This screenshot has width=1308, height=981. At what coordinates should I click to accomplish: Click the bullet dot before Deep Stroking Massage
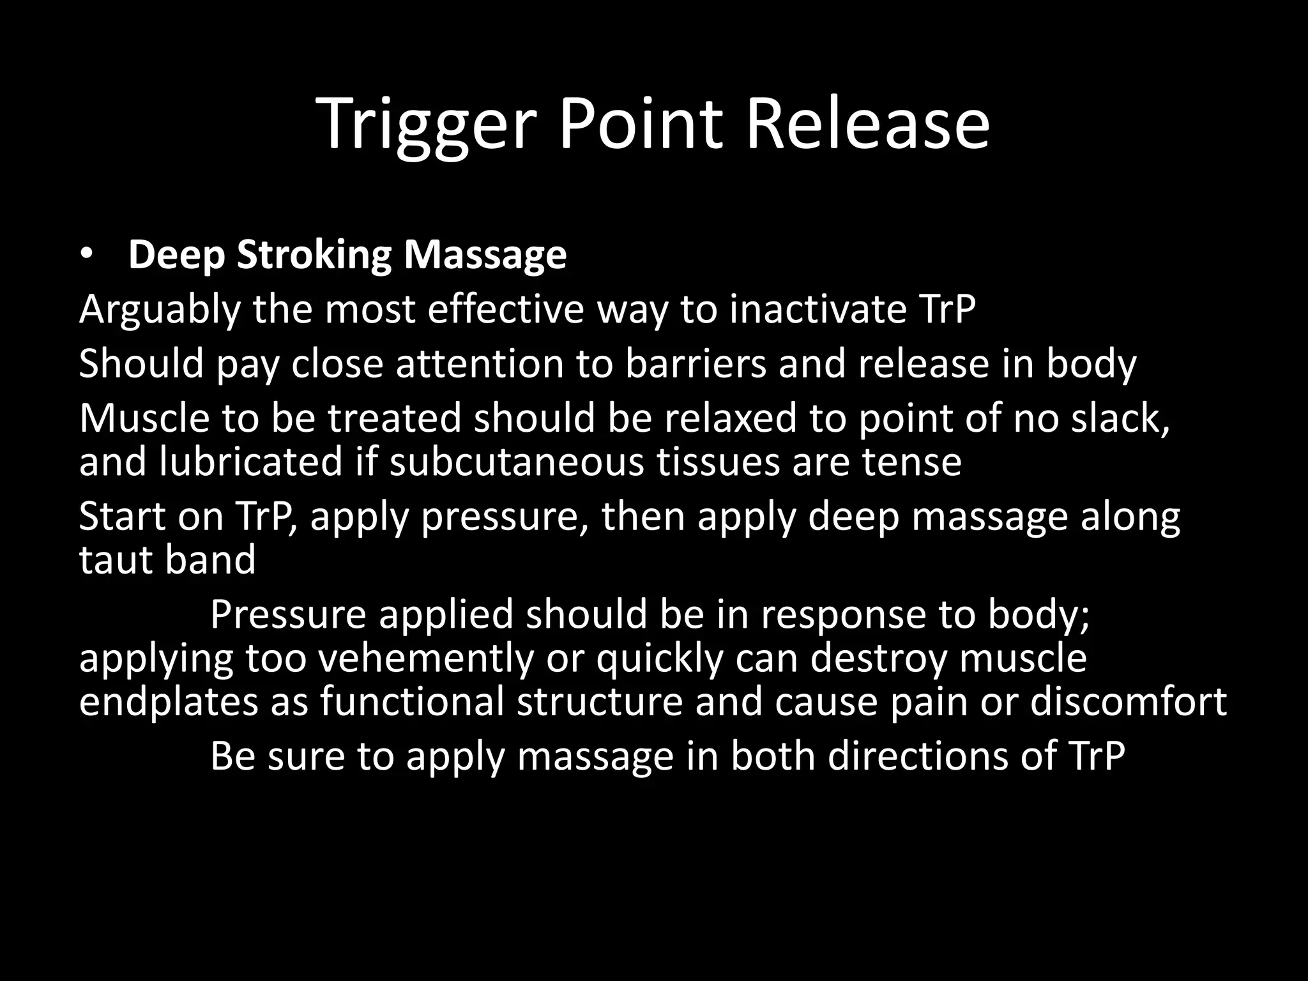coord(87,255)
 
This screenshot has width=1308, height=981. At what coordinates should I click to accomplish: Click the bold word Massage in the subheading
coord(485,255)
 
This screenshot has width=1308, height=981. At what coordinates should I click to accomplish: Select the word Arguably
coord(160,310)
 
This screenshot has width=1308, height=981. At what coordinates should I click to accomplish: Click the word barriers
coord(695,363)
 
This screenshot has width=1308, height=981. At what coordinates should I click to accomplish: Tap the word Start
coord(121,516)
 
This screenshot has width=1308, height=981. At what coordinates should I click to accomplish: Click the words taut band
coord(167,559)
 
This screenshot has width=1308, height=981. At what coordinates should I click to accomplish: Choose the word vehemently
coord(425,658)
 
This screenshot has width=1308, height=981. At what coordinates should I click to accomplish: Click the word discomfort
coord(1128,701)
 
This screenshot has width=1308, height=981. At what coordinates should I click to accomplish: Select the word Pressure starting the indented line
coord(289,614)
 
